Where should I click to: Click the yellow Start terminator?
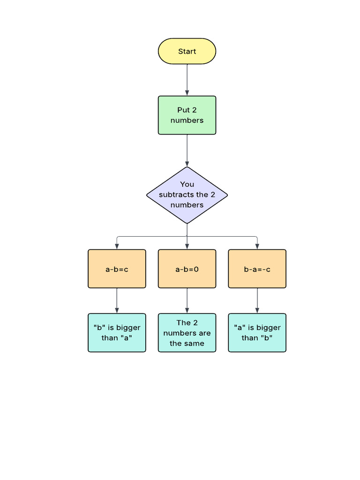click(187, 51)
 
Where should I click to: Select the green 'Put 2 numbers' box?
click(187, 115)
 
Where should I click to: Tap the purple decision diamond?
click(187, 195)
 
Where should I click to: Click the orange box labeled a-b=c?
click(117, 269)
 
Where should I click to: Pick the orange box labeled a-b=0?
click(187, 269)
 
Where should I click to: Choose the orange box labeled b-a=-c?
click(257, 269)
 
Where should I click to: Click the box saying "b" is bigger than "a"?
click(117, 333)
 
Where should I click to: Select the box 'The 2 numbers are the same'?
click(187, 333)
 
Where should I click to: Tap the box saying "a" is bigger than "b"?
click(257, 333)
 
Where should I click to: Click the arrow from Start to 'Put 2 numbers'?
click(187, 80)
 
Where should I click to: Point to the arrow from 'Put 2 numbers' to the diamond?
click(187, 150)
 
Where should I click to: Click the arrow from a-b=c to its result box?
click(117, 300)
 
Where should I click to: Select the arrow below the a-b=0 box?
click(187, 300)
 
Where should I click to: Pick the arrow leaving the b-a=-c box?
click(257, 300)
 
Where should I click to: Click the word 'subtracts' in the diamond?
click(176, 195)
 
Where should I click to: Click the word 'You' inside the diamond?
click(187, 184)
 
